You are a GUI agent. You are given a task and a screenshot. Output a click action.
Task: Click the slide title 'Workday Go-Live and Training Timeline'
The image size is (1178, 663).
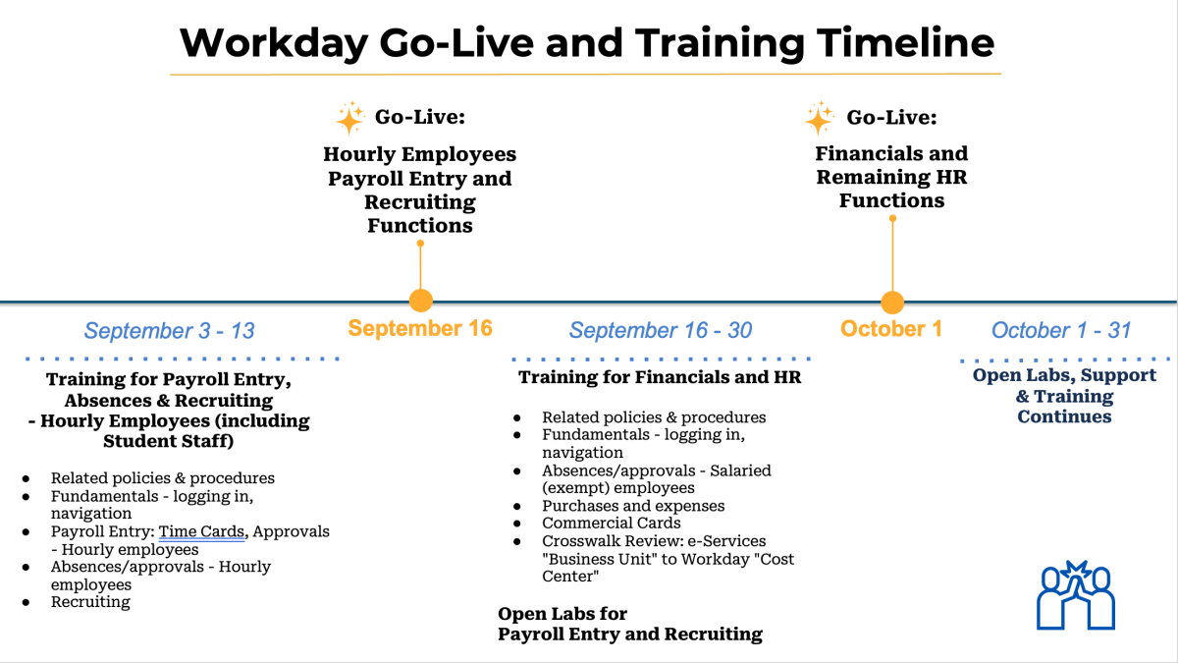coord(586,43)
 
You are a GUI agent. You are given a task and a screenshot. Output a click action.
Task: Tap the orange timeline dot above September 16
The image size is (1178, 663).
coord(420,301)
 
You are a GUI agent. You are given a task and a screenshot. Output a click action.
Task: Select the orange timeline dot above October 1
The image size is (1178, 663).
coord(891,302)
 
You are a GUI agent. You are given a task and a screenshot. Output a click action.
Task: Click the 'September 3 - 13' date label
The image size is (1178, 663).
coord(169,331)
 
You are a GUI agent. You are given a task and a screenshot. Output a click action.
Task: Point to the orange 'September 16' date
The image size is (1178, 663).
coord(420,328)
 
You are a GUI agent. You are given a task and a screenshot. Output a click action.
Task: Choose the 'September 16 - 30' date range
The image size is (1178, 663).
coord(661,331)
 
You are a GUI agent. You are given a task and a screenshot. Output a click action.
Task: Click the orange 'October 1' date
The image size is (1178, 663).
coord(890,329)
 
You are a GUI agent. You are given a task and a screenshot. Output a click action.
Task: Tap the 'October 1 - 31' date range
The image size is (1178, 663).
coord(1061,330)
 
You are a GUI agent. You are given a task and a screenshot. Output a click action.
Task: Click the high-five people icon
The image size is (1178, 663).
coord(1076,594)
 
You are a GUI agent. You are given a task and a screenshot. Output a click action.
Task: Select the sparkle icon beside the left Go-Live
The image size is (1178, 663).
coord(349,119)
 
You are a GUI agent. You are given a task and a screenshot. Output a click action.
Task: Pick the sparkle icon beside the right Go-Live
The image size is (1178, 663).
coord(819,119)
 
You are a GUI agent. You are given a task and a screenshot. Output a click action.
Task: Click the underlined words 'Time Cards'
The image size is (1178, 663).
coord(201,531)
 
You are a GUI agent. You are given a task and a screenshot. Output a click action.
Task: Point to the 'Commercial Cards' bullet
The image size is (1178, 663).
coord(611,524)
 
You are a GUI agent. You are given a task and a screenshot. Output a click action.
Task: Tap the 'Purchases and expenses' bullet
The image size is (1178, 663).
coord(633,506)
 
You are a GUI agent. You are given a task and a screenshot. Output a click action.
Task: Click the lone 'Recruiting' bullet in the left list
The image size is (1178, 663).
coord(90,602)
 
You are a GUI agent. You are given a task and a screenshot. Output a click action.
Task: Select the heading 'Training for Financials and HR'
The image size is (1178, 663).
coord(660,377)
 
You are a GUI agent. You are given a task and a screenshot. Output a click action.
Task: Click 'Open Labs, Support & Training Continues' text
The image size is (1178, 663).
coord(1064,396)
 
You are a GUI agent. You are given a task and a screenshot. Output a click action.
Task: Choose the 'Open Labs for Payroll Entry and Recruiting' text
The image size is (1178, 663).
coord(629,625)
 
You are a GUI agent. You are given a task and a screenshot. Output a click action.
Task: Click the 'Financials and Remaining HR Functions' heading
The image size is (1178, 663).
coord(891,177)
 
